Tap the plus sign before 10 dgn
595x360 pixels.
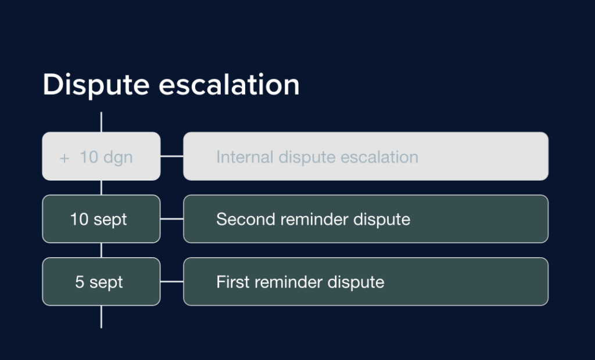coord(64,157)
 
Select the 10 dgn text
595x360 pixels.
coord(106,157)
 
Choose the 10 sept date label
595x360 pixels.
coord(99,219)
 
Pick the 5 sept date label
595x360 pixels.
coord(99,282)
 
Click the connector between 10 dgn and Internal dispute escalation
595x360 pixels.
coord(172,156)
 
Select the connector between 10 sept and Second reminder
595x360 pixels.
coord(172,219)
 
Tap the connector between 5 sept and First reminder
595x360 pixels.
coord(172,282)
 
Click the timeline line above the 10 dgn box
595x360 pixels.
coord(102,122)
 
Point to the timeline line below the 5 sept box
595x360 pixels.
coord(102,316)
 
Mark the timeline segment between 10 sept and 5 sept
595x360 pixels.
coord(102,250)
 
